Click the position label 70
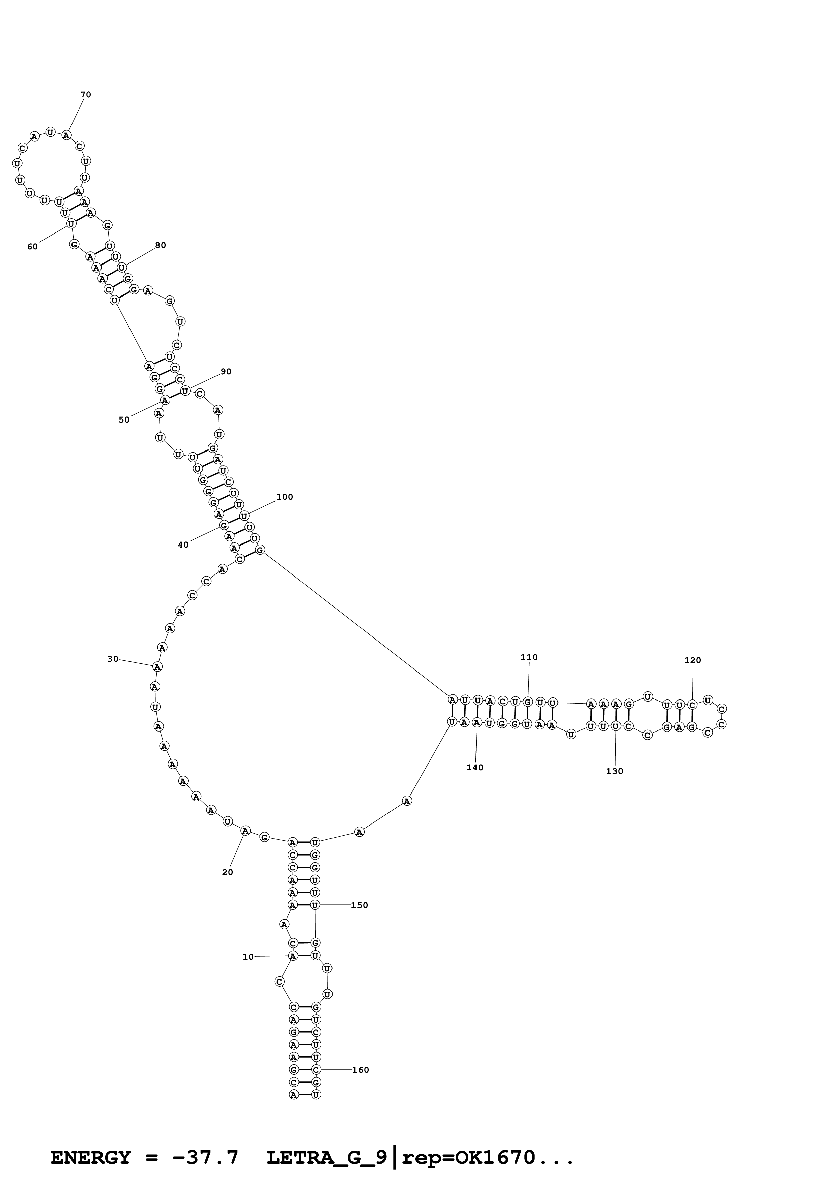pos(86,95)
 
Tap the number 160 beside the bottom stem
pos(360,1070)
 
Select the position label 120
pos(692,660)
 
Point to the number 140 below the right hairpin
pos(474,768)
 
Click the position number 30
pos(113,659)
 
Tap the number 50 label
pos(124,419)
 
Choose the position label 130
pos(614,771)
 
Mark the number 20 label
pos(227,872)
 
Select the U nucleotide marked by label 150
pos(315,905)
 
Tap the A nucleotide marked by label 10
pos(293,956)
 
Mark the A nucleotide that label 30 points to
pos(157,667)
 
